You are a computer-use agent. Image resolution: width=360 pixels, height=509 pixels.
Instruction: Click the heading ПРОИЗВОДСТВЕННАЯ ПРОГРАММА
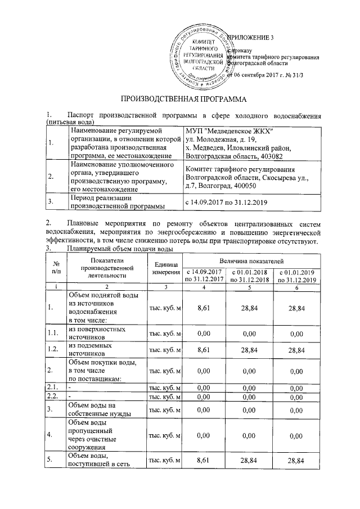(180, 100)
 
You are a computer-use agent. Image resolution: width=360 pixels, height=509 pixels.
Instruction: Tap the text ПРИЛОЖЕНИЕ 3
(249, 38)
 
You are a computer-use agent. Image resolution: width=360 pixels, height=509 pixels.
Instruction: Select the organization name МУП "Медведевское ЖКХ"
(229, 132)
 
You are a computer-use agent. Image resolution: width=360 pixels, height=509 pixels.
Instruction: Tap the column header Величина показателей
(252, 262)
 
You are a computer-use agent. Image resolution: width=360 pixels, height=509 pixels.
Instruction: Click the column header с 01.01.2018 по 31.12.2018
(252, 276)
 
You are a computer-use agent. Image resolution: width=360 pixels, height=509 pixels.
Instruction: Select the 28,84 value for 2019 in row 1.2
(296, 350)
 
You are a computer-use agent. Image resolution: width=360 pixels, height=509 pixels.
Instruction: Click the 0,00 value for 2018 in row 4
(252, 435)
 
